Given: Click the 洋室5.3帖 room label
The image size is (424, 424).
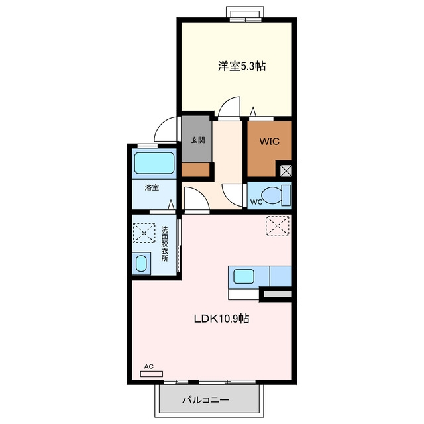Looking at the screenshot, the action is coord(242,66).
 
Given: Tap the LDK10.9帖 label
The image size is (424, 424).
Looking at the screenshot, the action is coord(221,319).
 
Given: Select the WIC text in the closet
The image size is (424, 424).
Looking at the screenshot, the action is coord(270,141).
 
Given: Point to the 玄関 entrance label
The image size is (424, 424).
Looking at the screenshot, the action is coord(198,140).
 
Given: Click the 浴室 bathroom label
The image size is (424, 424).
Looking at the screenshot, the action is coord(152,187).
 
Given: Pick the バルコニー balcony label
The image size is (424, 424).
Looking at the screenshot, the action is coord(205,399).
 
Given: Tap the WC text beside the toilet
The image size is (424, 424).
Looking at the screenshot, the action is coord(256,202).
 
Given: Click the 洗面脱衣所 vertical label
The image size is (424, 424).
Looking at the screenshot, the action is coord(165,244).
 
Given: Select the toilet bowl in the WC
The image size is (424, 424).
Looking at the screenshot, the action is coord(272,195).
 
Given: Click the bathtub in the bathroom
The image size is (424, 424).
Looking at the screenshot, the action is coord(154,163).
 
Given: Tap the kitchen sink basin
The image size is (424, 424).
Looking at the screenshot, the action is coord(244,276).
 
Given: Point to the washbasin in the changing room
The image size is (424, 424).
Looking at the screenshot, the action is coord(141,264).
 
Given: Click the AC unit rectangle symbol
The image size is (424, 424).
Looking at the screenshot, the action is coord(152,374).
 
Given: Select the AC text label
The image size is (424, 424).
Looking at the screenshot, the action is coord(148,366).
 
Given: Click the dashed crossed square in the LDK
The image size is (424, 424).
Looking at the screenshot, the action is coord(278,226).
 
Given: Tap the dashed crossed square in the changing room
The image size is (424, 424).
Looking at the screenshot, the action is coord(144,233).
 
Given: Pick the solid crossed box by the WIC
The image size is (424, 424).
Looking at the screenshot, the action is coord(286,171).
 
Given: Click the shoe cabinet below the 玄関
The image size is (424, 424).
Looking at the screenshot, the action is coord(195,170).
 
